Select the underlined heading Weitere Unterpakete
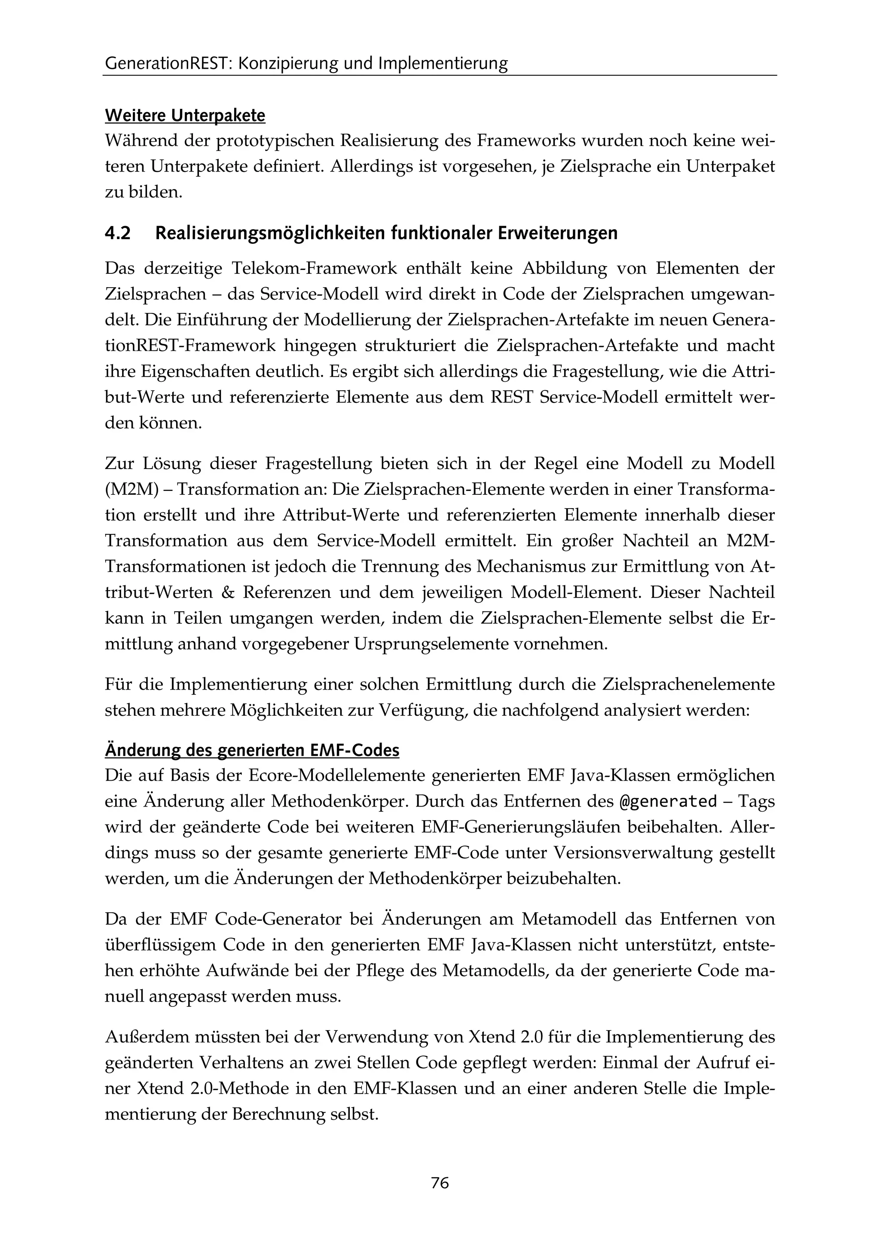click(185, 116)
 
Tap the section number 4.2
click(118, 233)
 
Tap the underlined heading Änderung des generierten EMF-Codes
click(252, 751)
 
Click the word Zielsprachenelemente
click(688, 684)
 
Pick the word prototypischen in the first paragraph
click(278, 141)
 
